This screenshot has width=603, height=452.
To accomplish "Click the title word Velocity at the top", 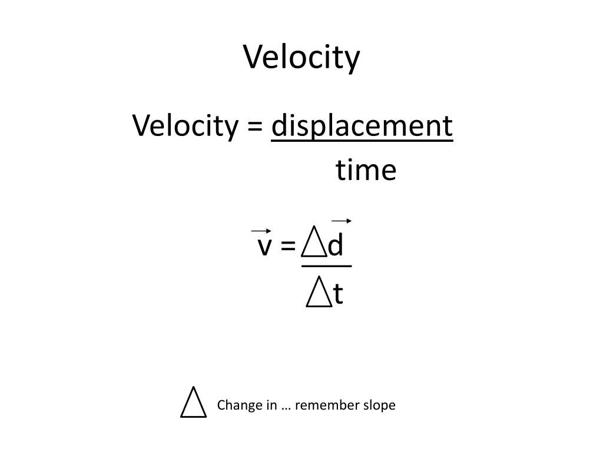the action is pyautogui.click(x=301, y=57).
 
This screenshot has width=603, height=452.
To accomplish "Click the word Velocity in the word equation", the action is pyautogui.click(x=185, y=126).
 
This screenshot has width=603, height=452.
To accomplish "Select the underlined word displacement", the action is pyautogui.click(x=362, y=126).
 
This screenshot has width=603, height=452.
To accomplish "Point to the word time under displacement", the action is pyautogui.click(x=366, y=170).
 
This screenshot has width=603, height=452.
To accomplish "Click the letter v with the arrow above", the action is pyautogui.click(x=264, y=246).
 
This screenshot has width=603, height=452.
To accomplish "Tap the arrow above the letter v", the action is pyautogui.click(x=261, y=231).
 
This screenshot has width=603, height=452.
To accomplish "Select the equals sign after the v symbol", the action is pyautogui.click(x=288, y=245).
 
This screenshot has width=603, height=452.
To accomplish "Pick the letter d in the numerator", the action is pyautogui.click(x=335, y=244).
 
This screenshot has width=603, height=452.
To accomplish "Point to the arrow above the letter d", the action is pyautogui.click(x=342, y=221).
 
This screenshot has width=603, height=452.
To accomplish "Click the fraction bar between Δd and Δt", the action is pyautogui.click(x=326, y=266).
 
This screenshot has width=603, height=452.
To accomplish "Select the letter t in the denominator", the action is pyautogui.click(x=338, y=294).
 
